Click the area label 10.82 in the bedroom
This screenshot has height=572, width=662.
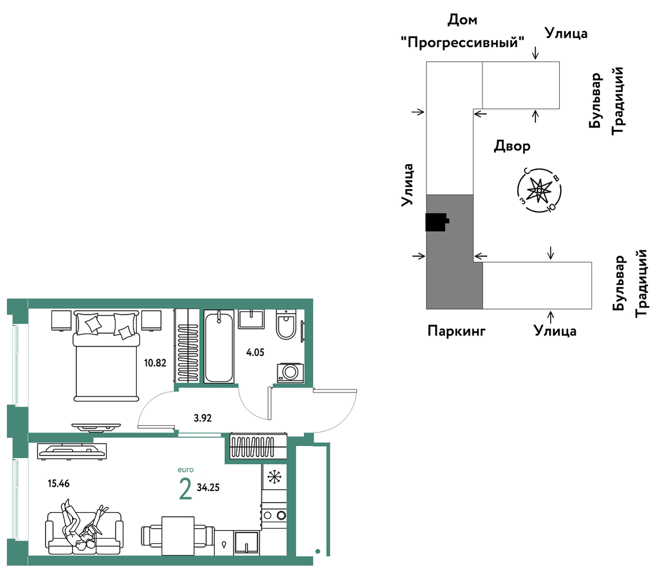155,363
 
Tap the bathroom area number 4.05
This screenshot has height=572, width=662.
255,353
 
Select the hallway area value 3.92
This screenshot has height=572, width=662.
202,418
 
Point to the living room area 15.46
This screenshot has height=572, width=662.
59,483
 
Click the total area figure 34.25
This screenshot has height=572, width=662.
208,488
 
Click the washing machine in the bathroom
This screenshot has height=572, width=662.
290,373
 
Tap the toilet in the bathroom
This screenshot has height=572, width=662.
286,324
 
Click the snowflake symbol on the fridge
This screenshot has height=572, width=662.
275,477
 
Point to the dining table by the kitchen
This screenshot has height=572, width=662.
178,536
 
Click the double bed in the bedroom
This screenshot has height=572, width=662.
107,356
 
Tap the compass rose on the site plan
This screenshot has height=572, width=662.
540,190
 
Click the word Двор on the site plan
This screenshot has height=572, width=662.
512,146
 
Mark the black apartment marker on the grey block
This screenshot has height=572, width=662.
437,222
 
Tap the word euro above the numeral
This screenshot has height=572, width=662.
186,470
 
